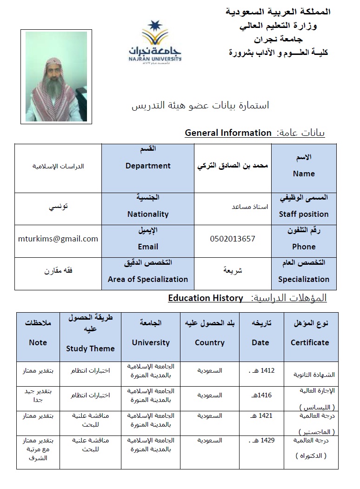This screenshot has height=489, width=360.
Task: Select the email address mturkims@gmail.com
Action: [x=58, y=239]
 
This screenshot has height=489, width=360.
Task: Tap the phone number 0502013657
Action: [x=233, y=239]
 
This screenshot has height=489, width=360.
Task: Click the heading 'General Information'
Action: [x=228, y=133]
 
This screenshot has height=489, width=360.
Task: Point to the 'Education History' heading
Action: [x=206, y=298]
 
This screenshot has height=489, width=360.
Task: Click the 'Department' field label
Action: [x=148, y=166]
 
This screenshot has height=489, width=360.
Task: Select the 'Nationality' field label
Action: [x=148, y=214]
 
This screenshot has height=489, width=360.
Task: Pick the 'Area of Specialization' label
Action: [x=148, y=279]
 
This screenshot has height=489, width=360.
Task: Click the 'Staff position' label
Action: [x=304, y=214]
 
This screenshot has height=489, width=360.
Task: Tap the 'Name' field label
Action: [x=304, y=174]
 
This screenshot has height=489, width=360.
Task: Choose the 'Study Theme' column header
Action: [x=90, y=348]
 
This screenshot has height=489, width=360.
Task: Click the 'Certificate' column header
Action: [x=310, y=342]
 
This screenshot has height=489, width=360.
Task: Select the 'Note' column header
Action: [x=38, y=342]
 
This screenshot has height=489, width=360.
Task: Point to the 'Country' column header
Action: [x=210, y=342]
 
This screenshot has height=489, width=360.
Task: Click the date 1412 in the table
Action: [x=268, y=371]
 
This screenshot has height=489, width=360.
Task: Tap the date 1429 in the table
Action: [x=267, y=440]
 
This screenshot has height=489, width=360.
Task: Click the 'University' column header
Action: [x=151, y=342]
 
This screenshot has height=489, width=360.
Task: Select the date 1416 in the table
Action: [x=264, y=395]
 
